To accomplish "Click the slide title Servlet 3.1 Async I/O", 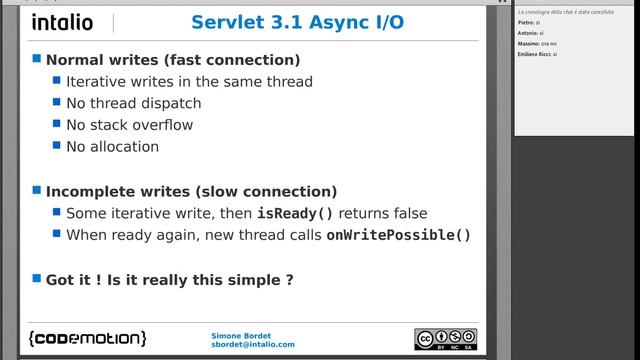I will [x=298, y=22].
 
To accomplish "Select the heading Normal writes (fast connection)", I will [x=173, y=60].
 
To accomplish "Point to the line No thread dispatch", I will [x=133, y=103].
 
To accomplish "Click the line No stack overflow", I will [x=129, y=125].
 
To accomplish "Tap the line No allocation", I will [x=112, y=146].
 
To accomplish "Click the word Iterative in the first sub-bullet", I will [x=97, y=82].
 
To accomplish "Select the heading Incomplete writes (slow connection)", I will [x=191, y=191].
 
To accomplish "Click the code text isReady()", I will [x=295, y=213].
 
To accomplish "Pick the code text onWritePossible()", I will [x=398, y=235].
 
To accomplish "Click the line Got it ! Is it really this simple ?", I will [x=169, y=280].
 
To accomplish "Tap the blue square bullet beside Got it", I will [x=37, y=280].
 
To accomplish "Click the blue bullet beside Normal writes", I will [x=37, y=60].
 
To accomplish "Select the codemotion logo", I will [x=88, y=338].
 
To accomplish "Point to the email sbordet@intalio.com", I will [x=253, y=344].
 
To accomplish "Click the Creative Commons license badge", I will [x=445, y=339].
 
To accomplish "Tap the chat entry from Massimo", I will [x=530, y=43].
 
